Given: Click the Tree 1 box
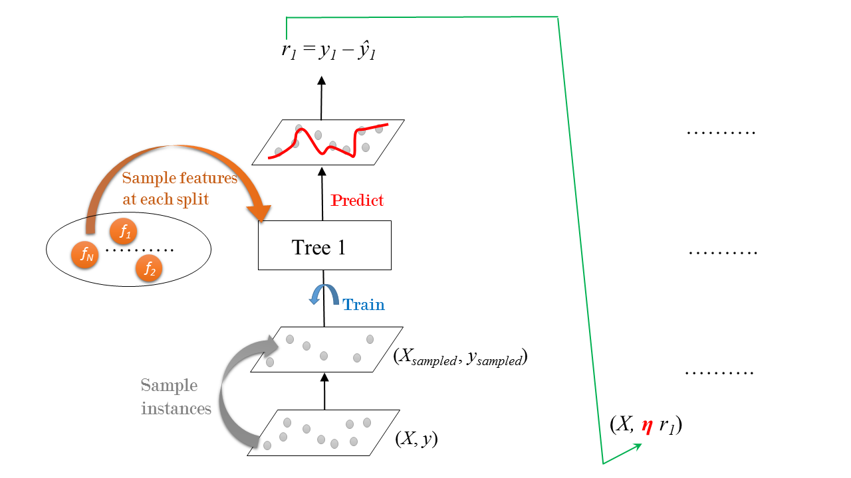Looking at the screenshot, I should pyautogui.click(x=324, y=246).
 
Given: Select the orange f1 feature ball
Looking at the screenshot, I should pyautogui.click(x=124, y=232).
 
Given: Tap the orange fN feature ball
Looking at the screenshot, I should pyautogui.click(x=85, y=253).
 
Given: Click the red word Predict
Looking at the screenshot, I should pyautogui.click(x=357, y=200).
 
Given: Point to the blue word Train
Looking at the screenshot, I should pyautogui.click(x=363, y=305).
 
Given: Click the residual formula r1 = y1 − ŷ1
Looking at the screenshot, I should pyautogui.click(x=329, y=52).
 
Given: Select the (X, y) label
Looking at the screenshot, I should pyautogui.click(x=417, y=439).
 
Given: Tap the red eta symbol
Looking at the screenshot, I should pyautogui.click(x=647, y=426).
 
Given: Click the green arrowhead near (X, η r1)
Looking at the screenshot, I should pyautogui.click(x=637, y=446).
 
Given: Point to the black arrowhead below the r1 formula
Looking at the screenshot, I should pyautogui.click(x=321, y=81).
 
